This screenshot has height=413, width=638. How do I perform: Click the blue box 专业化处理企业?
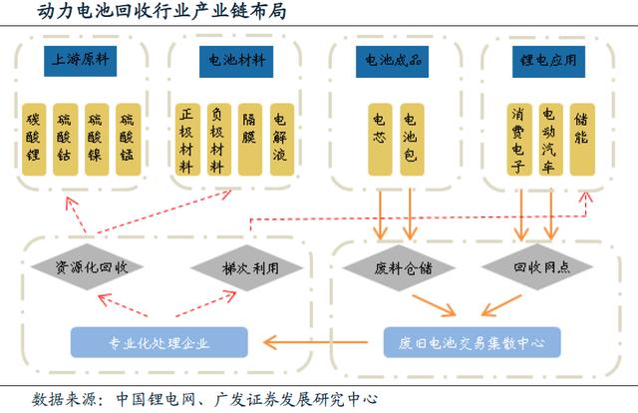pyautogui.click(x=159, y=343)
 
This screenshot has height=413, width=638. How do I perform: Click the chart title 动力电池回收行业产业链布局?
pyautogui.click(x=124, y=12)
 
